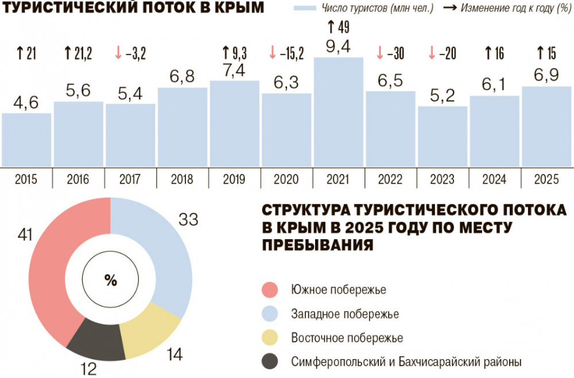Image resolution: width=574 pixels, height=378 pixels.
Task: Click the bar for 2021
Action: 339,112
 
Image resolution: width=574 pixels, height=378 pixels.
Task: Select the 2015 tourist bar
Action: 26,140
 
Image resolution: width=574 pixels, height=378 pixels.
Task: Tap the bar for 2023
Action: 443,137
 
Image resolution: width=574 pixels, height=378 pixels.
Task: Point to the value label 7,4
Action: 234,70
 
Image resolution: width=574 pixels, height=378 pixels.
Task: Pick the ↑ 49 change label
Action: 338,27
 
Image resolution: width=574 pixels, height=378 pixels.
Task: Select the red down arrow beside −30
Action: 379,53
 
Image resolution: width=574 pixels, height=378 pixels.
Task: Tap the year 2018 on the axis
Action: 182,180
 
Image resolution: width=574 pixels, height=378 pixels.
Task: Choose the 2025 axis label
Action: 546,180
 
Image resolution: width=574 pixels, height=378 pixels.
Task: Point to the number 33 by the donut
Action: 188,220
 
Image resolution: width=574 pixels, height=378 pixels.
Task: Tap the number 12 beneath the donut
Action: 88,369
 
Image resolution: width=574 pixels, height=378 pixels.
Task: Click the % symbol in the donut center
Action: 111,280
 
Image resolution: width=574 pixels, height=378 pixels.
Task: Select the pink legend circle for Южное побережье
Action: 270,290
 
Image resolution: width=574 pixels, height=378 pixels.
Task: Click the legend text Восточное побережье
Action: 347,338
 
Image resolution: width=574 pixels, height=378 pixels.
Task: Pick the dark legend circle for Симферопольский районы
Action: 270,362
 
